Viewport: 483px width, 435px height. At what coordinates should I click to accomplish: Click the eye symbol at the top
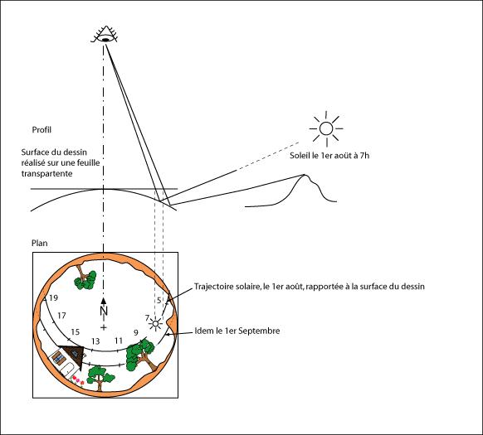[x=105, y=35]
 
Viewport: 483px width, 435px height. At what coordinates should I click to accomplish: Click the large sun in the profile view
[x=326, y=128]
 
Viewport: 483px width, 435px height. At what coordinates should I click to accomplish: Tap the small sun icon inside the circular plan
[x=155, y=324]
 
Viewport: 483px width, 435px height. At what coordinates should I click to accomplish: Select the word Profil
[x=41, y=130]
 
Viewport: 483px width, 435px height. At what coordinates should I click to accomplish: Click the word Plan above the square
[x=40, y=243]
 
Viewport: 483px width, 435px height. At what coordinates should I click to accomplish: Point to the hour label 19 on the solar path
[x=54, y=297]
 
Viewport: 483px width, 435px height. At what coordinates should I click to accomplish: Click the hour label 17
[x=61, y=316]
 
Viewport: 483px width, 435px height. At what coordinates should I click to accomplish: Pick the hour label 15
[x=76, y=332]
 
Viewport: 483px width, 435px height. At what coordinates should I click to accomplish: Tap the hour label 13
[x=95, y=341]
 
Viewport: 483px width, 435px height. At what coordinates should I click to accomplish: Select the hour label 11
[x=119, y=341]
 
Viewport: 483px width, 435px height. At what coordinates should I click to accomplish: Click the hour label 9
[x=136, y=332]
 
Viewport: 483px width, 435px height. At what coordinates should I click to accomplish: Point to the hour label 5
[x=159, y=300]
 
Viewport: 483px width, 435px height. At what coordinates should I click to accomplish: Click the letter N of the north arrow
[x=104, y=311]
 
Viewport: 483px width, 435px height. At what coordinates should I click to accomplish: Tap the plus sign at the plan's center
[x=104, y=327]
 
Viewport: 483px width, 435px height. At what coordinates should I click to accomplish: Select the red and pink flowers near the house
[x=77, y=381]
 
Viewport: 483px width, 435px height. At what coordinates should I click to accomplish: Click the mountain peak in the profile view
[x=305, y=175]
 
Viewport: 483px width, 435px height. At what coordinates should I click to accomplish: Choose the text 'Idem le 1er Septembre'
[x=237, y=331]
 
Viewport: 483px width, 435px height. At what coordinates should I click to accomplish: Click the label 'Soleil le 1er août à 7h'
[x=329, y=156]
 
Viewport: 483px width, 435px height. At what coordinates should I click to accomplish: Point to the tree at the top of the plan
[x=85, y=278]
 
